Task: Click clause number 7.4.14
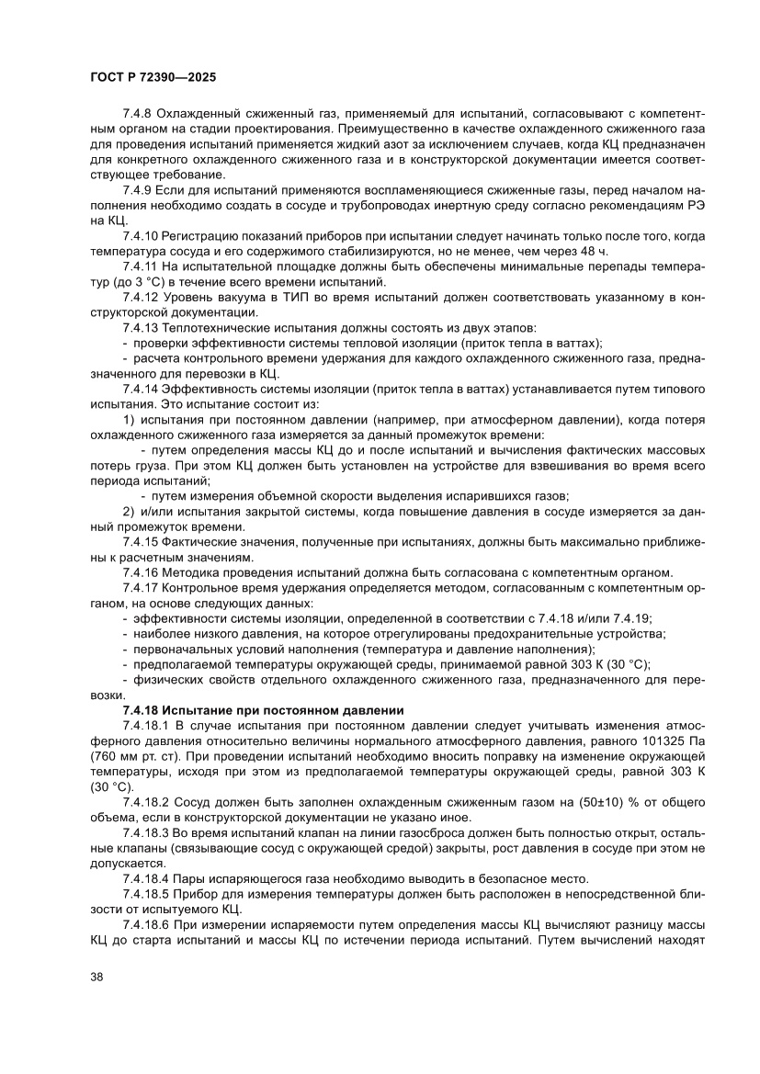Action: point(141,390)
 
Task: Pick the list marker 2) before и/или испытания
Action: point(129,512)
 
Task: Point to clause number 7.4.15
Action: point(141,542)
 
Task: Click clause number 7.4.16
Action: point(141,571)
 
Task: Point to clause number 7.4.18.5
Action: point(147,893)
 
